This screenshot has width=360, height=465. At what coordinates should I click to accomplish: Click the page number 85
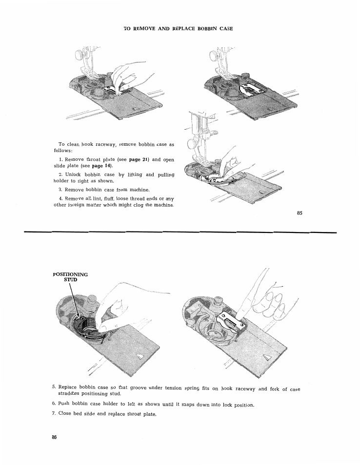tap(300, 213)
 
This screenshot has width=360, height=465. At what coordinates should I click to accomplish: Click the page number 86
tap(55, 437)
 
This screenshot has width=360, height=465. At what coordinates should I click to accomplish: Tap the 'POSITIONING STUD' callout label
tap(70, 277)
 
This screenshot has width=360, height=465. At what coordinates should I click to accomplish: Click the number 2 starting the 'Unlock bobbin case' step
tap(60, 174)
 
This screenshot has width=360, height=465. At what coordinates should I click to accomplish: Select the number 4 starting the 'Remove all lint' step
tap(60, 198)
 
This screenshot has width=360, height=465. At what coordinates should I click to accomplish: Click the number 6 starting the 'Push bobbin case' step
tap(53, 404)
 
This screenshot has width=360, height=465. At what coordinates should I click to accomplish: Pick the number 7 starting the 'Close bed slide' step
tap(53, 414)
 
